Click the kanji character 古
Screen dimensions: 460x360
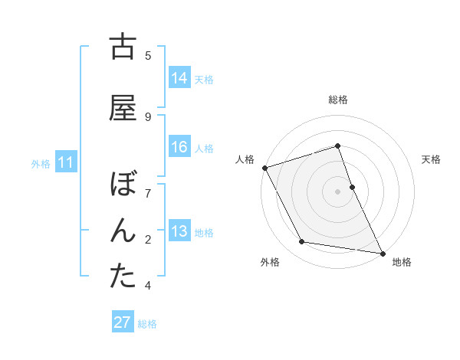click(123, 47)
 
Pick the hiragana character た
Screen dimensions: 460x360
click(123, 277)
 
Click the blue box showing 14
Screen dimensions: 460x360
click(179, 77)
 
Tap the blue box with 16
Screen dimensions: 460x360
click(179, 147)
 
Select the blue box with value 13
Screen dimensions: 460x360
click(179, 231)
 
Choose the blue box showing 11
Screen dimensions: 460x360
click(66, 162)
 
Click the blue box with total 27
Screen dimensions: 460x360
click(123, 322)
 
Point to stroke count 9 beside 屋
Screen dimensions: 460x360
click(148, 116)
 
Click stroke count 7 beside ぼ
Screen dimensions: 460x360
click(148, 192)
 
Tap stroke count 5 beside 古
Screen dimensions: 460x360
click(148, 55)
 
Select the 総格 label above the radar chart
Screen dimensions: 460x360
click(338, 100)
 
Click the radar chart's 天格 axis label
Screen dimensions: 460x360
click(431, 159)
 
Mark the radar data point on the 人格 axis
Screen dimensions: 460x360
click(264, 168)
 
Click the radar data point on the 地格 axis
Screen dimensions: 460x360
click(383, 252)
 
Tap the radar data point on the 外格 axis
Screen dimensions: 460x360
click(301, 243)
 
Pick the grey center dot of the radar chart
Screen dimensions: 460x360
click(338, 191)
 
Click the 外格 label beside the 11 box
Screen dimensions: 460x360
click(41, 163)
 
